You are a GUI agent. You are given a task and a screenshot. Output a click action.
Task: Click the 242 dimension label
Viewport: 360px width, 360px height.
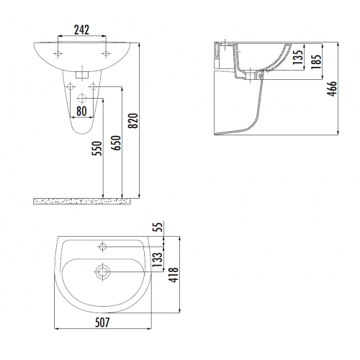click(x=81, y=30)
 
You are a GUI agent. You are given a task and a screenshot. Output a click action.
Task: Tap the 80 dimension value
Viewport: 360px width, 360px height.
click(x=81, y=111)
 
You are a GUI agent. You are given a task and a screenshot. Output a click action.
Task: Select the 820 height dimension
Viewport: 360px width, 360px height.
click(x=133, y=121)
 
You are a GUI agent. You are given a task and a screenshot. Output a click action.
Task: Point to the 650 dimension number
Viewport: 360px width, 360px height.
click(x=116, y=143)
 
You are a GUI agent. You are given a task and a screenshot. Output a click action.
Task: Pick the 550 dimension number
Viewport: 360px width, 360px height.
click(x=97, y=148)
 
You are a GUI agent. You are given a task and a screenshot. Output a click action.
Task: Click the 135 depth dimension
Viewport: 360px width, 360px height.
click(x=298, y=57)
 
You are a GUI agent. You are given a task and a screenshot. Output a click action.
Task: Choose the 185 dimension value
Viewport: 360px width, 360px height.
click(x=316, y=62)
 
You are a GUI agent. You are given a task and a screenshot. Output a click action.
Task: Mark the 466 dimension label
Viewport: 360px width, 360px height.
click(x=333, y=89)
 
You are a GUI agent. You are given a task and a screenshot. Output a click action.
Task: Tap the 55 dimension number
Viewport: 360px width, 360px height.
click(x=158, y=227)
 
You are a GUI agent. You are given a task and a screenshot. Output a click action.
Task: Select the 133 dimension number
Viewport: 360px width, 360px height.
click(x=158, y=260)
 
